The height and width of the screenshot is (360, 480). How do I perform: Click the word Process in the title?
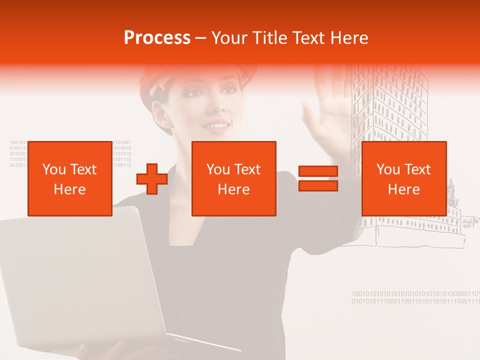(157, 38)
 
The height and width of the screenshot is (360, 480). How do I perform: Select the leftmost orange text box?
(70, 179)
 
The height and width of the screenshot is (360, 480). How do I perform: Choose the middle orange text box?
(234, 179)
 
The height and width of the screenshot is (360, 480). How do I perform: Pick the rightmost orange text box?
(404, 179)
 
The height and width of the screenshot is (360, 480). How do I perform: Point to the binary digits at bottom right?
(415, 297)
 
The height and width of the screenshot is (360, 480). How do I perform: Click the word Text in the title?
(309, 38)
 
